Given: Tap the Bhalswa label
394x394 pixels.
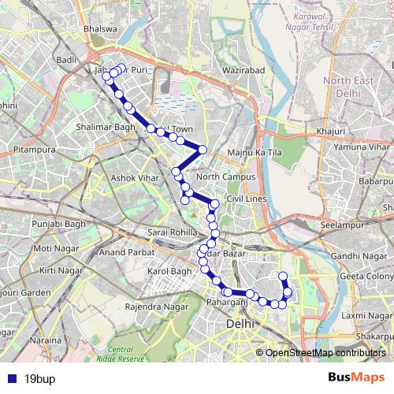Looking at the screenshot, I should tap(100, 30).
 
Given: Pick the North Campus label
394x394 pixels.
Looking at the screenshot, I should tap(226, 177).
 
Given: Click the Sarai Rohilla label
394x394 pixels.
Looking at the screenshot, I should tap(172, 233).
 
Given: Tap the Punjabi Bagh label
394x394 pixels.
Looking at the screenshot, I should tap(54, 225).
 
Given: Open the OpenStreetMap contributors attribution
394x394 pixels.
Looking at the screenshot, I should tap(325, 353).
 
